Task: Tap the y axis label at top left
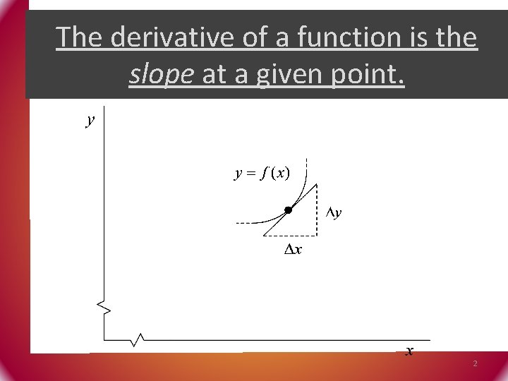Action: coord(89,120)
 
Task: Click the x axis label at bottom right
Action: coord(409,351)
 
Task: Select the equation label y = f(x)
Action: coord(262,173)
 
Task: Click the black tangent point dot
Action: coord(288,210)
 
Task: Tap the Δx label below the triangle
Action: coord(293,249)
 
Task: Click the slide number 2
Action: coord(475,363)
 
